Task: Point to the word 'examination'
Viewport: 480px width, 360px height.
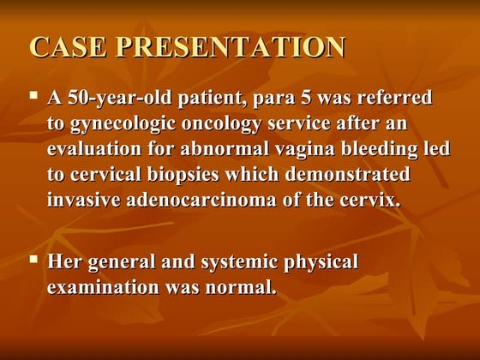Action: [x=99, y=288]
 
